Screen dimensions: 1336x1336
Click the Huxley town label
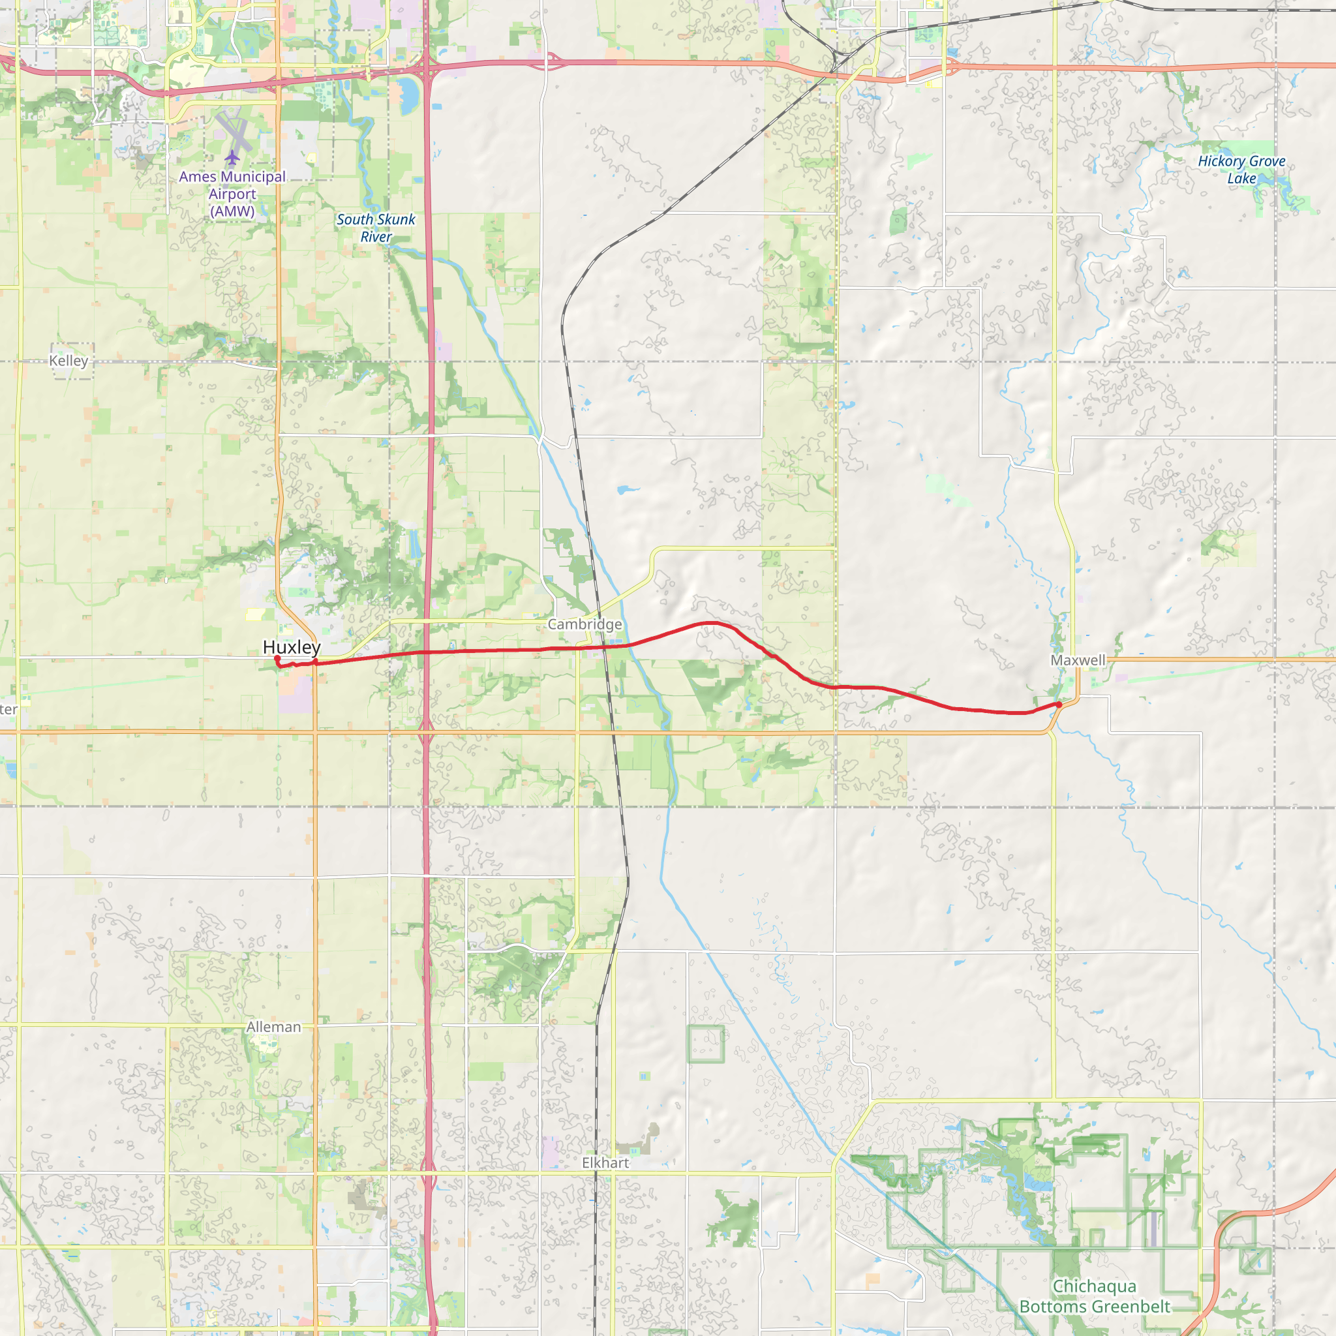[x=291, y=647]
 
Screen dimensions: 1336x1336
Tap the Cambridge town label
[x=584, y=624]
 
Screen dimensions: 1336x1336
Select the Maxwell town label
[x=1078, y=660]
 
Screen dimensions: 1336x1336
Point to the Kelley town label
[x=68, y=360]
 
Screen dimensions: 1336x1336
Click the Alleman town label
[x=274, y=1027]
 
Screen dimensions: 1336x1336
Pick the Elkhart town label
[x=605, y=1163]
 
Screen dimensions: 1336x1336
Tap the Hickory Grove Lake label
[x=1241, y=170]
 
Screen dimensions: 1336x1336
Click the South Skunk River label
[x=376, y=228]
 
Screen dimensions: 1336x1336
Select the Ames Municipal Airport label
[x=232, y=194]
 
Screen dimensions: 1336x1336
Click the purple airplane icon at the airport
[x=232, y=158]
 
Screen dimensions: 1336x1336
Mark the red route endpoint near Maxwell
[x=1058, y=705]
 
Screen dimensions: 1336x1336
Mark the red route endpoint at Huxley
[x=277, y=659]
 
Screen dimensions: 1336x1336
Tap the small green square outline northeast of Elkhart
[x=705, y=1044]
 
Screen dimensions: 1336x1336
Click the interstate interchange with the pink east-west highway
[x=429, y=68]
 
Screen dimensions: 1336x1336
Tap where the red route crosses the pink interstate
[x=428, y=652]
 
